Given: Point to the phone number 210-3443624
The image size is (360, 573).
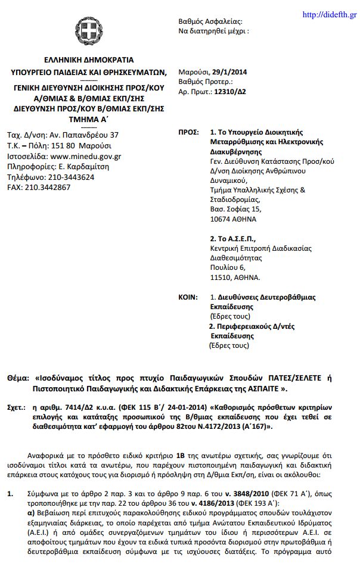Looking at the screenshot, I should click(x=69, y=177).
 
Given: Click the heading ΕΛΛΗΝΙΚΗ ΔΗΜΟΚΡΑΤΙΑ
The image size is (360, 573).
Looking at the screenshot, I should click(x=89, y=60).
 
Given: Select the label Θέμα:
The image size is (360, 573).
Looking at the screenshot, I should click(x=18, y=377).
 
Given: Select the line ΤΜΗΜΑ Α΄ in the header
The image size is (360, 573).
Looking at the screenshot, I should click(x=89, y=119).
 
